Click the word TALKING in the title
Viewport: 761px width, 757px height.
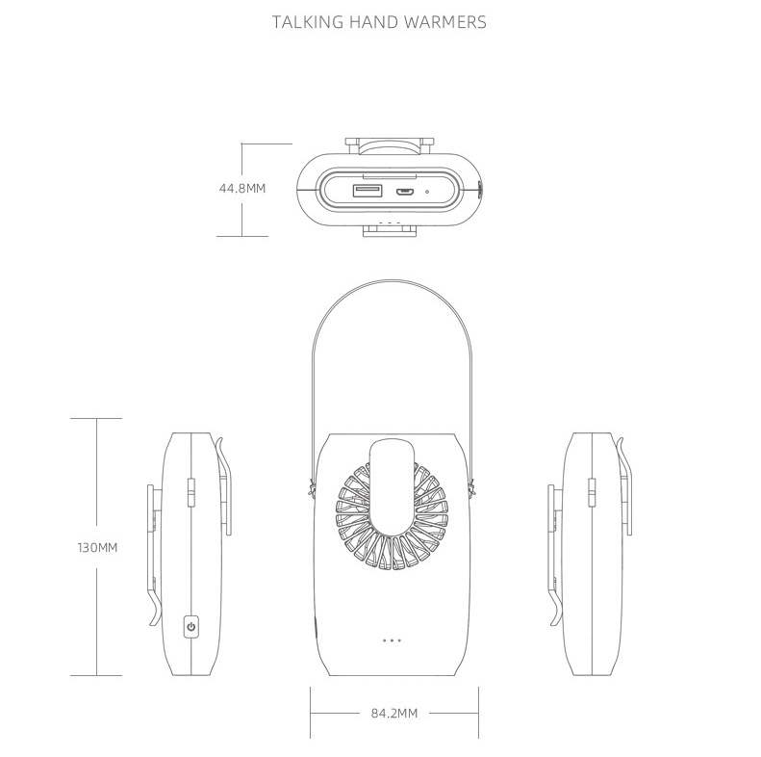click(x=308, y=22)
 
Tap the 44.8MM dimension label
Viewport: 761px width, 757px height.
click(x=242, y=189)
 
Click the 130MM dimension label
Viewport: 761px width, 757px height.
click(x=97, y=548)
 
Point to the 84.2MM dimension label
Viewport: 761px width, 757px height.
click(x=394, y=714)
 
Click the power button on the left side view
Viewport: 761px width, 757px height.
click(x=191, y=626)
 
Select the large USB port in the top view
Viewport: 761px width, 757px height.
click(x=368, y=191)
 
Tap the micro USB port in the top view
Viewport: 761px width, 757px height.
click(x=404, y=192)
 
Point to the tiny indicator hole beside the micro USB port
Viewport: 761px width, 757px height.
click(x=427, y=192)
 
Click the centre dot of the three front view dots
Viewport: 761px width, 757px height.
click(x=393, y=640)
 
